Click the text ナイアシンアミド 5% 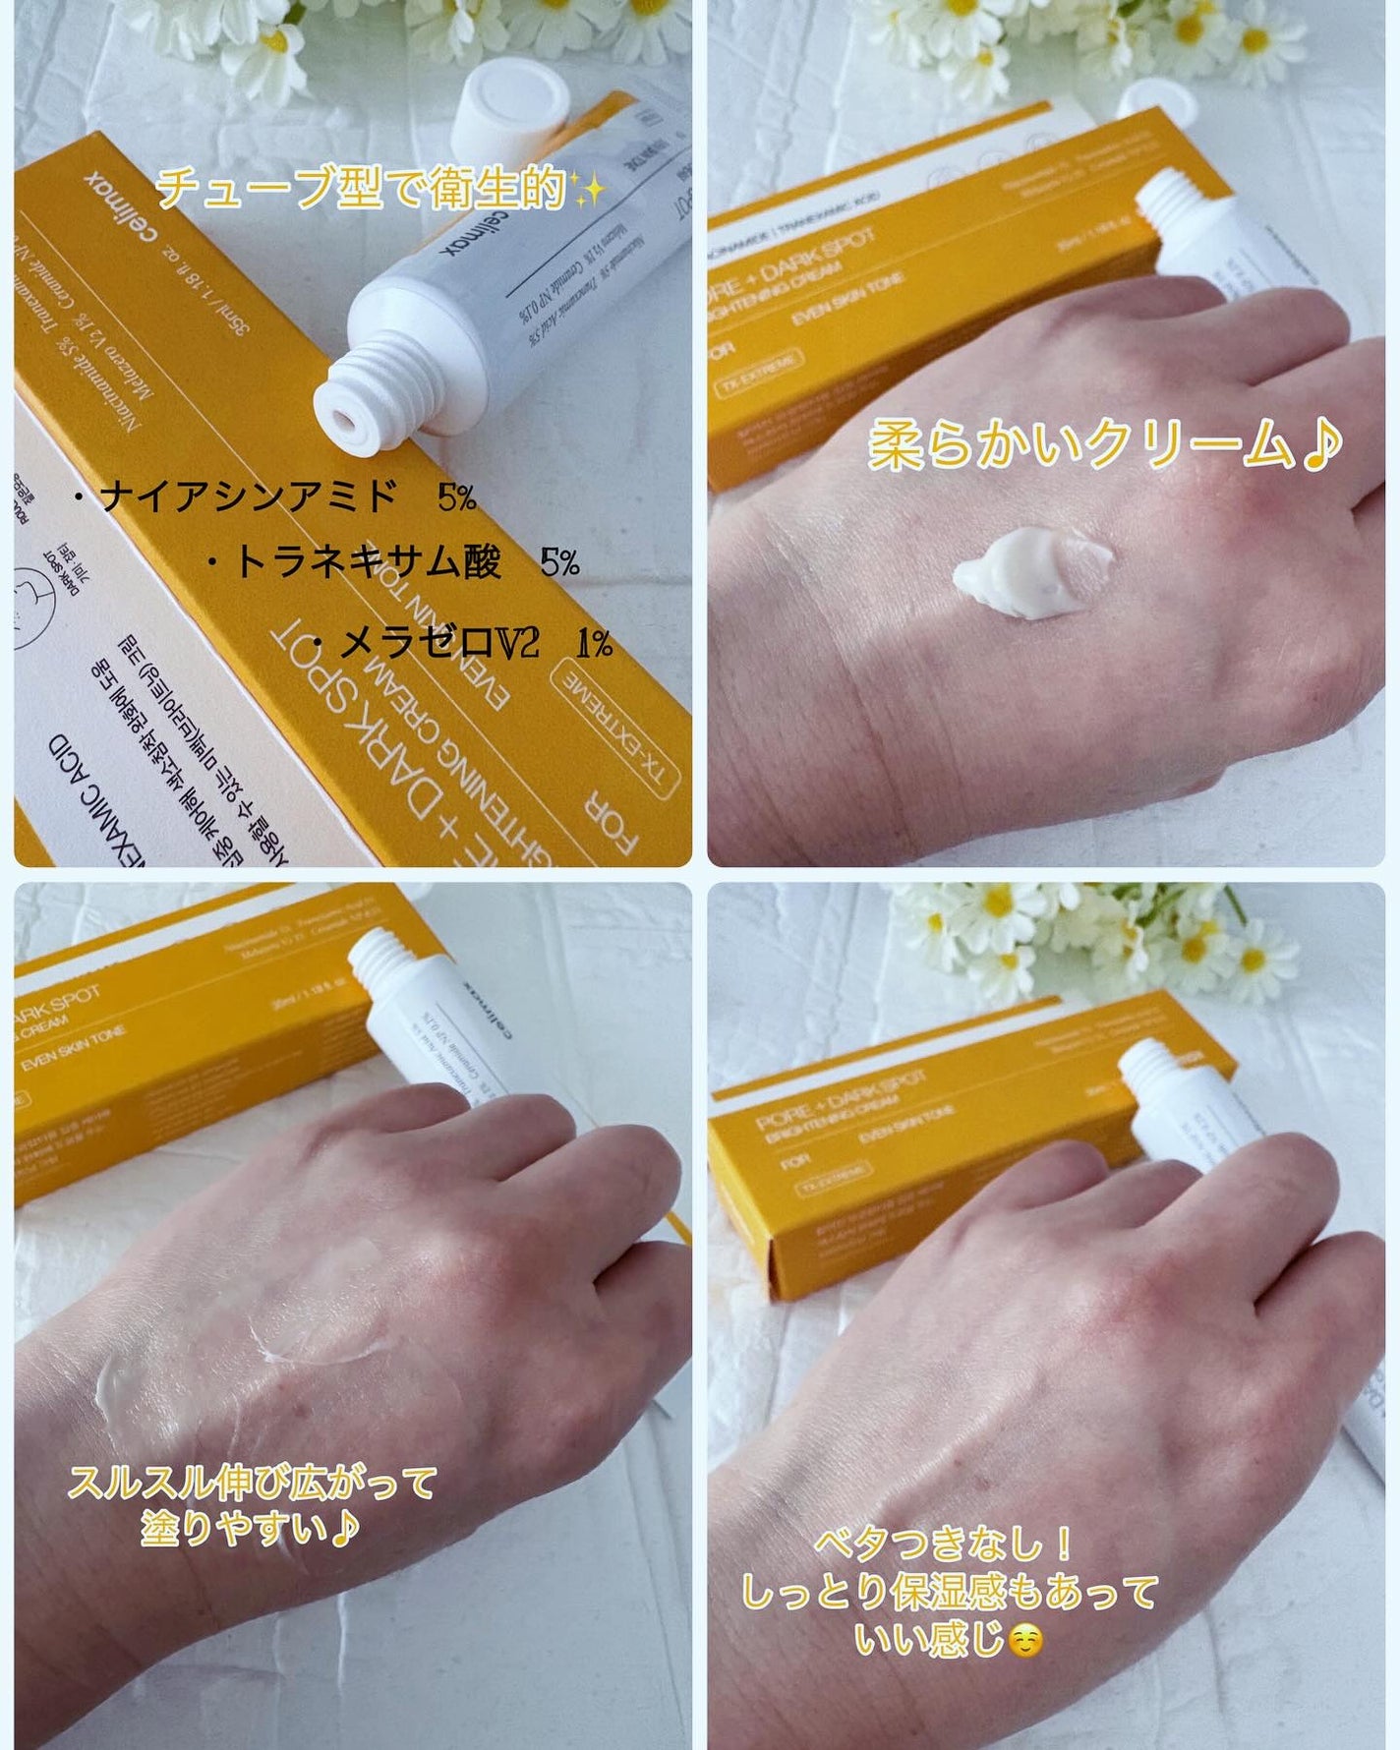pyautogui.click(x=275, y=497)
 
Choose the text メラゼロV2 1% pyautogui.click(x=462, y=644)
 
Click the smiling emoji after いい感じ pyautogui.click(x=1025, y=1640)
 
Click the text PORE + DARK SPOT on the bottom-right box pyautogui.click(x=841, y=1097)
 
